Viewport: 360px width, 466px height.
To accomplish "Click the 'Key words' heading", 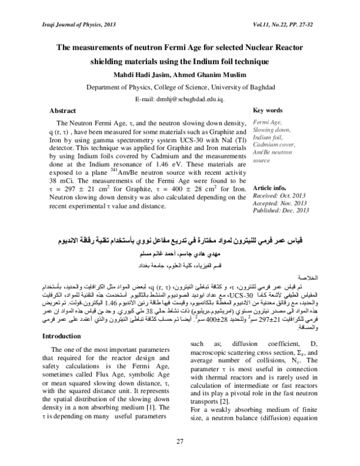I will pos(268,111).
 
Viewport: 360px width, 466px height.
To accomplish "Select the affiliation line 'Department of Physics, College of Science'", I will pos(179,87).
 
